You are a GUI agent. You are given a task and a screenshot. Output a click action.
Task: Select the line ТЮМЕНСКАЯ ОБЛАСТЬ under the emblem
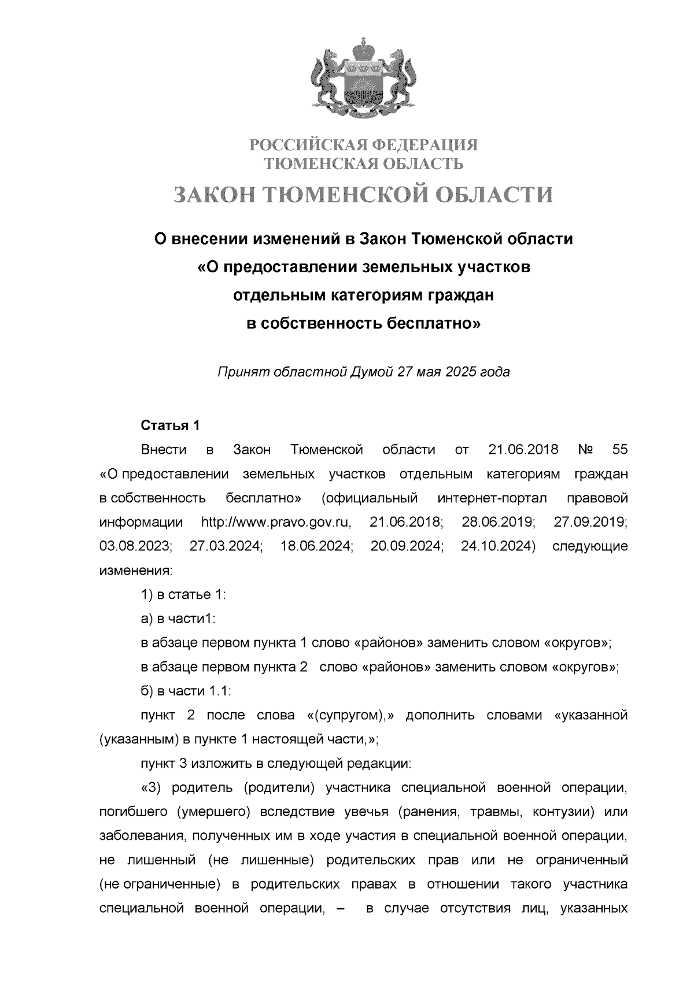point(363,164)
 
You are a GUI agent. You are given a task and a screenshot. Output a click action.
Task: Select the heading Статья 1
point(171,425)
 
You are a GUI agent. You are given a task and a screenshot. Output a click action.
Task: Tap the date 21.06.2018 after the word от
point(523,450)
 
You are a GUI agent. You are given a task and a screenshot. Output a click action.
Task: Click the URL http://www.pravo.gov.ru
point(276,523)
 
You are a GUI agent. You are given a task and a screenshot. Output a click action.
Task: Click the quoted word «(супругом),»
point(350,716)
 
